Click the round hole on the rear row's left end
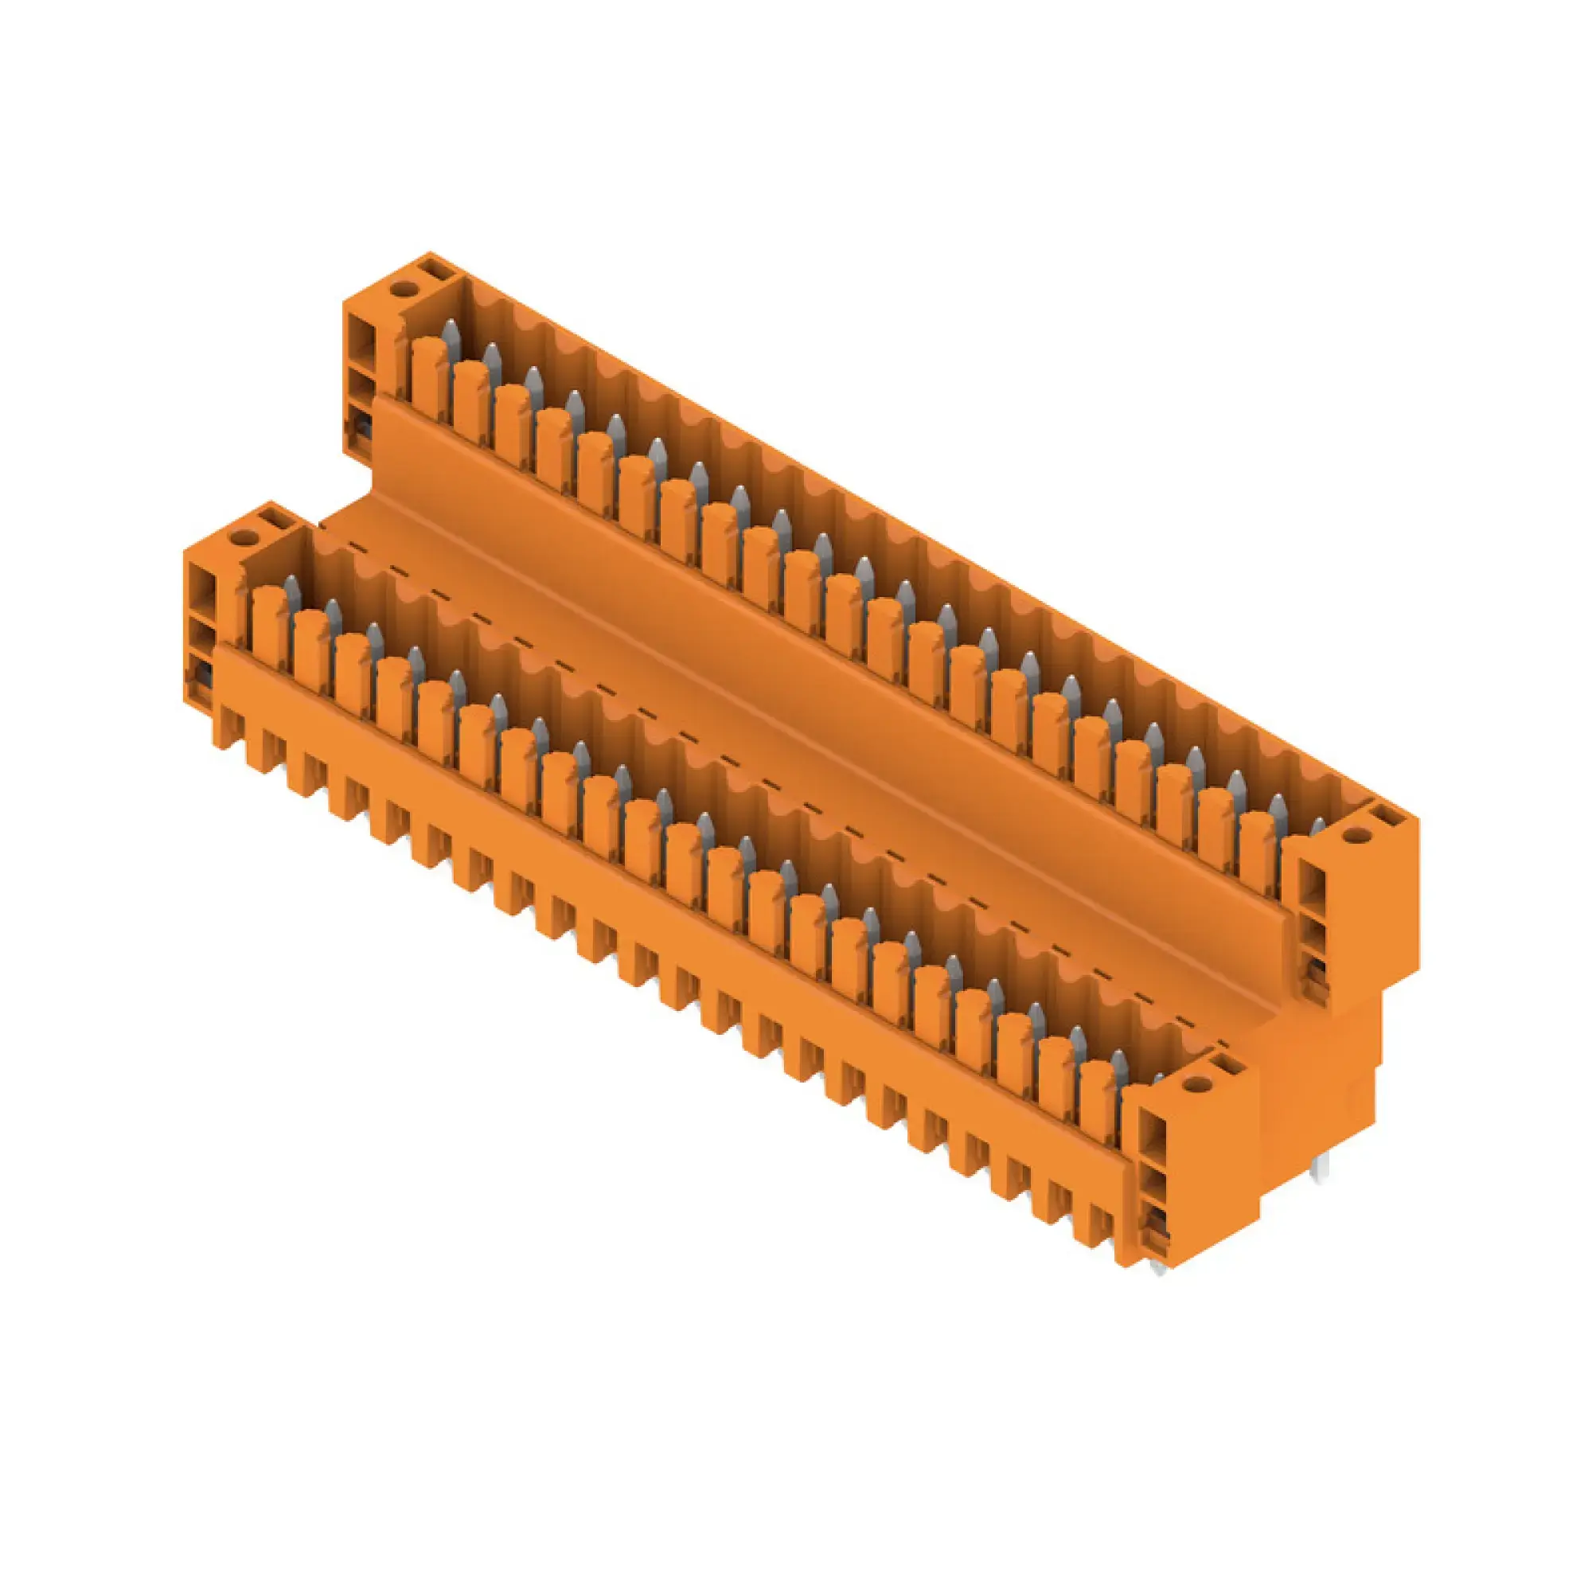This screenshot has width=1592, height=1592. [403, 288]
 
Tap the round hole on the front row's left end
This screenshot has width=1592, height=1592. [241, 538]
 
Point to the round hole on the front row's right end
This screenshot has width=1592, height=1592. [1189, 1086]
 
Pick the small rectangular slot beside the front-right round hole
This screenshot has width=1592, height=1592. [1227, 1067]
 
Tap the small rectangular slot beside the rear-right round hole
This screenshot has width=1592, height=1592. [1387, 817]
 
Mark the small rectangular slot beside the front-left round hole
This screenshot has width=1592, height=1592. [271, 518]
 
